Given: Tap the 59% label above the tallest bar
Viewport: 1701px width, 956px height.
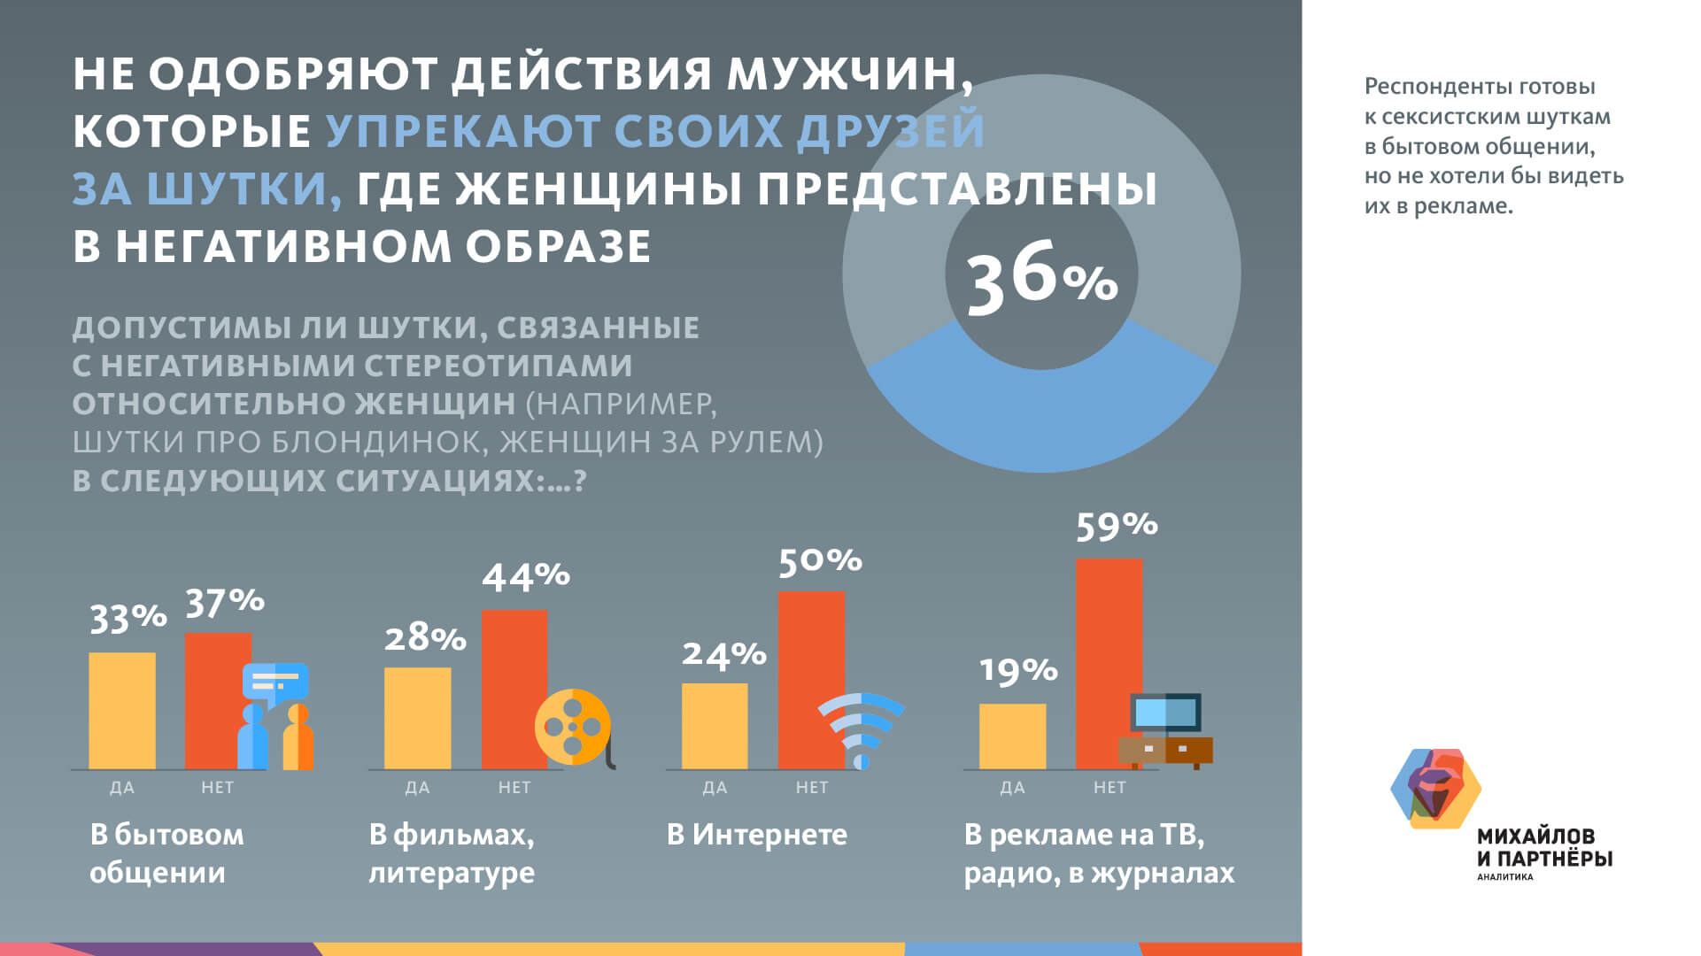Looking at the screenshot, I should coord(1117,526).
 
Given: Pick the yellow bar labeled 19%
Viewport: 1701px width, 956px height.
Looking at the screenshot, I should coord(1012,736).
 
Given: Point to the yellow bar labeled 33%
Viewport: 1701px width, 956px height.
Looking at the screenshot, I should coord(122,710).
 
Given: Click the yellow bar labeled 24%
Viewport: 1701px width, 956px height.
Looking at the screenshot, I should coord(715,726).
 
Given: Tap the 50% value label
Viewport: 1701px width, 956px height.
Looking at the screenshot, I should coord(820,561).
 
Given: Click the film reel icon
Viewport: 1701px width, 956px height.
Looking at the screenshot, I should coord(573,727).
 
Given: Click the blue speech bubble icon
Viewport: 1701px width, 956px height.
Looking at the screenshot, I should coord(275,682).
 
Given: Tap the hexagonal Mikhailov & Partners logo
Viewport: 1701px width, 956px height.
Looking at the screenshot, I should coord(1435,789).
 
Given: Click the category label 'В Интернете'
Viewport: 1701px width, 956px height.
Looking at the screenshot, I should coord(756,835).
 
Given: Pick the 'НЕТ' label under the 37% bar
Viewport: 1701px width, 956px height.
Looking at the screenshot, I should coord(217,787).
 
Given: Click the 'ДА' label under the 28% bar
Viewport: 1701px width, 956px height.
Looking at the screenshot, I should coord(417,787).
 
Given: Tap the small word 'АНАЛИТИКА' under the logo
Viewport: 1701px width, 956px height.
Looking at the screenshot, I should coord(1504,877).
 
